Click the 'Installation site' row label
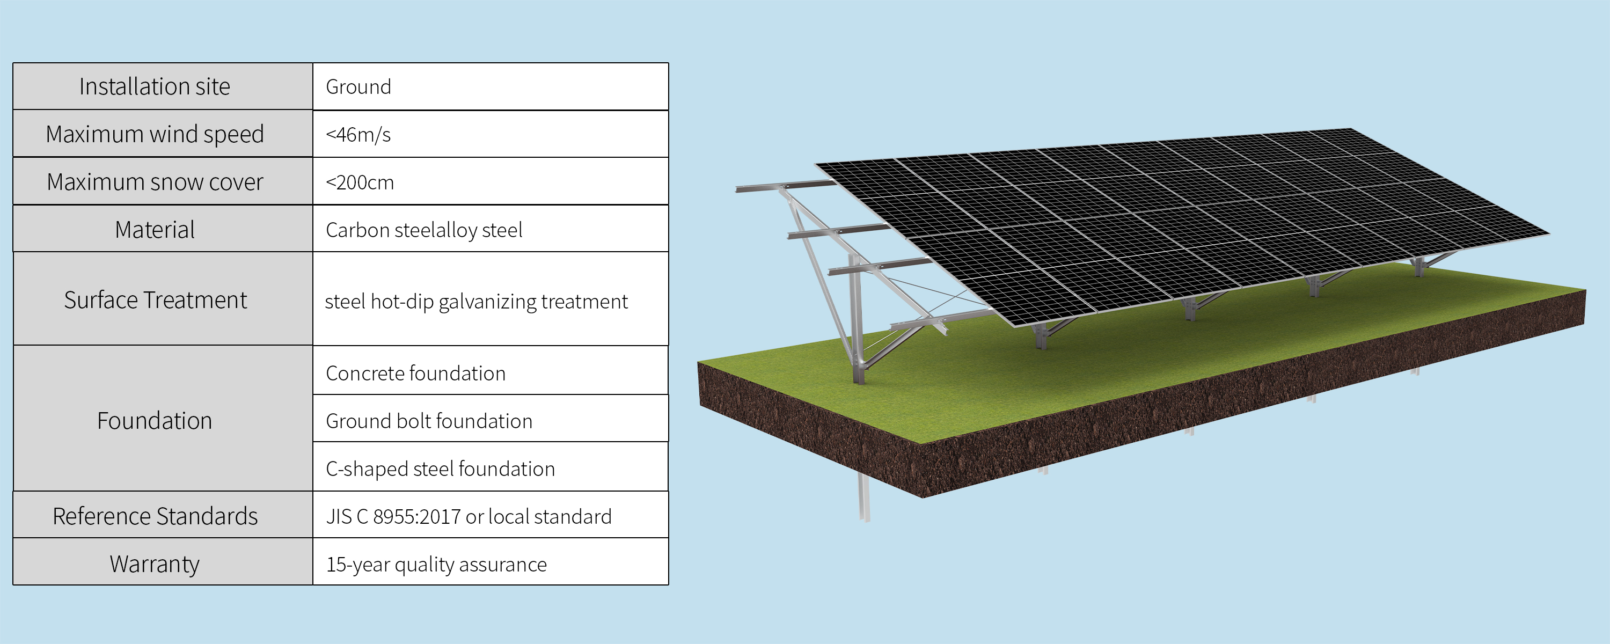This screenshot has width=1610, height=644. [x=155, y=86]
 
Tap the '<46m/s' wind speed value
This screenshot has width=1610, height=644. [x=358, y=134]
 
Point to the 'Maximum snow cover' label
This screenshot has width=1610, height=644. [x=155, y=182]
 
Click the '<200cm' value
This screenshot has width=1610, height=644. [x=360, y=182]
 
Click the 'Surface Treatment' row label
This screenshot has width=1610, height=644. [x=156, y=300]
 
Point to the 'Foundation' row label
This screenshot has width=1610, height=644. [x=155, y=421]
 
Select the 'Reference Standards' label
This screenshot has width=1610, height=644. [x=155, y=516]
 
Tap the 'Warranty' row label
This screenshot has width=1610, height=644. [x=155, y=564]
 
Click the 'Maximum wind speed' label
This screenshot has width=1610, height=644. [x=155, y=134]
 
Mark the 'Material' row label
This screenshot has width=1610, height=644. [x=155, y=230]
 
